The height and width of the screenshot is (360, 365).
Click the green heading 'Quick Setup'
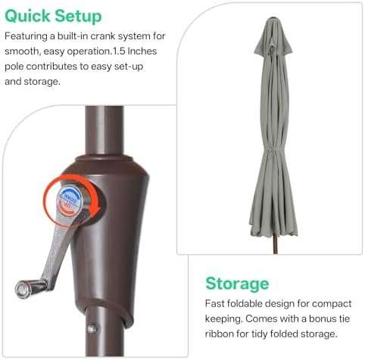pyautogui.click(x=53, y=17)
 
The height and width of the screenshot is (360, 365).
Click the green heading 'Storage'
pyautogui.click(x=237, y=284)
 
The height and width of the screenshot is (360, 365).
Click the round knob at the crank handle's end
pyautogui.click(x=22, y=289)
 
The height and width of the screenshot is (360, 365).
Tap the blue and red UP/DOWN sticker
pyautogui.click(x=70, y=200)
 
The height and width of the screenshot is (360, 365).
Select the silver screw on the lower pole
pyautogui.click(x=92, y=328)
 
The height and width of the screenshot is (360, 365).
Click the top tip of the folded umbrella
pyautogui.click(x=273, y=18)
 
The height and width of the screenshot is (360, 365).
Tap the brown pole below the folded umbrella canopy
pyautogui.click(x=275, y=244)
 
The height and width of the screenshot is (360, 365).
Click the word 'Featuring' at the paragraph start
pyautogui.click(x=26, y=36)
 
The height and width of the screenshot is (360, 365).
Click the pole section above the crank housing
pyautogui.click(x=105, y=130)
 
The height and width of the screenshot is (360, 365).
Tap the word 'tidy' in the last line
pyautogui.click(x=259, y=334)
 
